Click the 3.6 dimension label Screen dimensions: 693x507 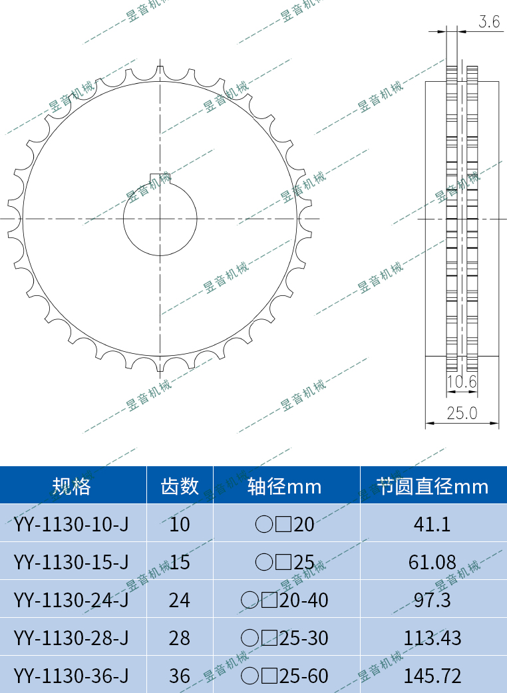click(489, 22)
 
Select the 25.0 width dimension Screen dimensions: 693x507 click(462, 413)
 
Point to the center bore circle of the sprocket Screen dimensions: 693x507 click(160, 219)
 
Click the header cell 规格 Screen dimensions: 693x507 click(72, 486)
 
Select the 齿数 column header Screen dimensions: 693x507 click(180, 486)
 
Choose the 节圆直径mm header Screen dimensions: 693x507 click(432, 486)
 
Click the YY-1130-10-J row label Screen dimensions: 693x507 click(71, 524)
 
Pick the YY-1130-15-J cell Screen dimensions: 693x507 click(71, 562)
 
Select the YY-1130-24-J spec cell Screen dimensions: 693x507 click(71, 600)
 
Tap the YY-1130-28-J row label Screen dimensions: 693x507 click(71, 638)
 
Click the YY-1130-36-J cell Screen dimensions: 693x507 click(71, 676)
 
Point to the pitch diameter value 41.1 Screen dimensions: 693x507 click(432, 524)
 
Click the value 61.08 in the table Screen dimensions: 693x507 click(432, 562)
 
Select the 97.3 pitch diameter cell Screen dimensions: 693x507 click(432, 600)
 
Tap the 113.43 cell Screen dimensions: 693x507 click(432, 638)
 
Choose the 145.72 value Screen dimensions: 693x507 click(432, 676)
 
